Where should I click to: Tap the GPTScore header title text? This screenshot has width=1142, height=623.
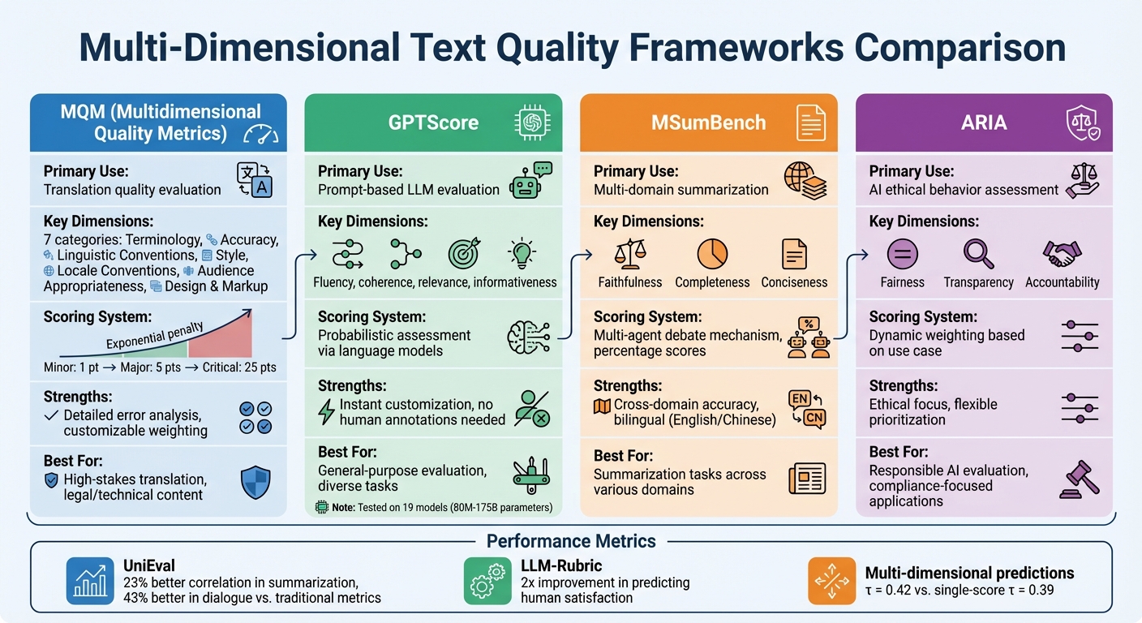433,122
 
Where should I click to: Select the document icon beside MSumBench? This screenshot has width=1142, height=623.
810,122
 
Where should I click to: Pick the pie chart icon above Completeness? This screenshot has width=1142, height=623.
712,255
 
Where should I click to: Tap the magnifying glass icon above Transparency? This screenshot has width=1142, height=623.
978,254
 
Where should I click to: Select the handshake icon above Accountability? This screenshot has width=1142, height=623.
1062,254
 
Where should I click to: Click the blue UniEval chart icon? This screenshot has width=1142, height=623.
89,581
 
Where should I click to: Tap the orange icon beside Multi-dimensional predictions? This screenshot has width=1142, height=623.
831,581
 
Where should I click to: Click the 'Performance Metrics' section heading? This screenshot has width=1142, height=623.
571,541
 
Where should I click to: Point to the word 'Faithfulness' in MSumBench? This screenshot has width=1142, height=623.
629,282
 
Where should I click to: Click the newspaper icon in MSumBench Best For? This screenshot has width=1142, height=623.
806,478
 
